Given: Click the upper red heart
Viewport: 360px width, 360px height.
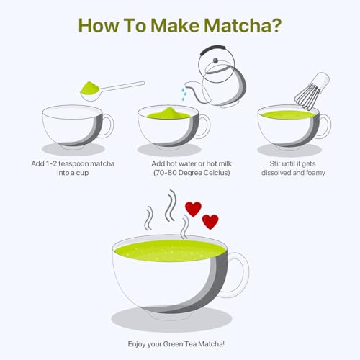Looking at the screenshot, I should coord(193,209).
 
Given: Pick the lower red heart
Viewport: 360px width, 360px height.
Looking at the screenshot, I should coord(210,222).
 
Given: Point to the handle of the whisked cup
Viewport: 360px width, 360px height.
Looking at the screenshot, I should coord(323,126).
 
